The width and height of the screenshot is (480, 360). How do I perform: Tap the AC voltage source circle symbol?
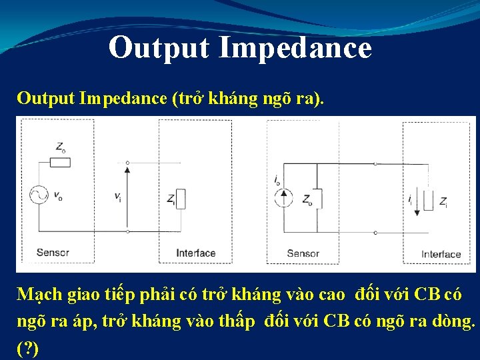(x=39, y=195)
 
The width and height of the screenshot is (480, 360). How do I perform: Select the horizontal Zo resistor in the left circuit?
(x=61, y=162)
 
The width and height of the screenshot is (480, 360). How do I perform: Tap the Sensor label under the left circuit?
(x=53, y=253)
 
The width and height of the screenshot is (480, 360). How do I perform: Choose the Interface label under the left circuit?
(x=195, y=253)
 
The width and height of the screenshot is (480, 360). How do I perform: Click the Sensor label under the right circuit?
(x=303, y=253)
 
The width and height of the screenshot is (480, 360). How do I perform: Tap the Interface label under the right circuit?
(x=441, y=254)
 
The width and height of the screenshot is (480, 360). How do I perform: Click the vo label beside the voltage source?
(x=58, y=196)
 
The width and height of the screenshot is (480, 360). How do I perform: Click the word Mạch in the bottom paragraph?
(x=39, y=295)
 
